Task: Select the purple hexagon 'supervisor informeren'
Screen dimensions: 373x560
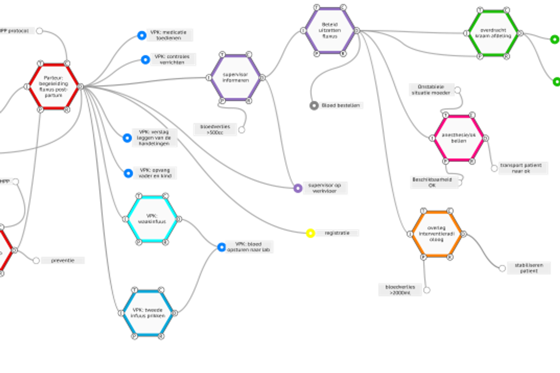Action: pyautogui.click(x=235, y=77)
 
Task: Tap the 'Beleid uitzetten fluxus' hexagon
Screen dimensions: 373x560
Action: pyautogui.click(x=330, y=30)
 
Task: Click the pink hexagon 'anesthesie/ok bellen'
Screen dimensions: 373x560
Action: pyautogui.click(x=458, y=138)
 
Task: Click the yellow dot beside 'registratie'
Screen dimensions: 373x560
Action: pyautogui.click(x=310, y=234)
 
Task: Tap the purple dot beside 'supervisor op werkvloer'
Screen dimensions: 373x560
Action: pyautogui.click(x=297, y=188)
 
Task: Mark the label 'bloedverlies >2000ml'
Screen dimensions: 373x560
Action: pyautogui.click(x=400, y=290)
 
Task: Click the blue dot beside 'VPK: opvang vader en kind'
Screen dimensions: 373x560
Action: pyautogui.click(x=127, y=173)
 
